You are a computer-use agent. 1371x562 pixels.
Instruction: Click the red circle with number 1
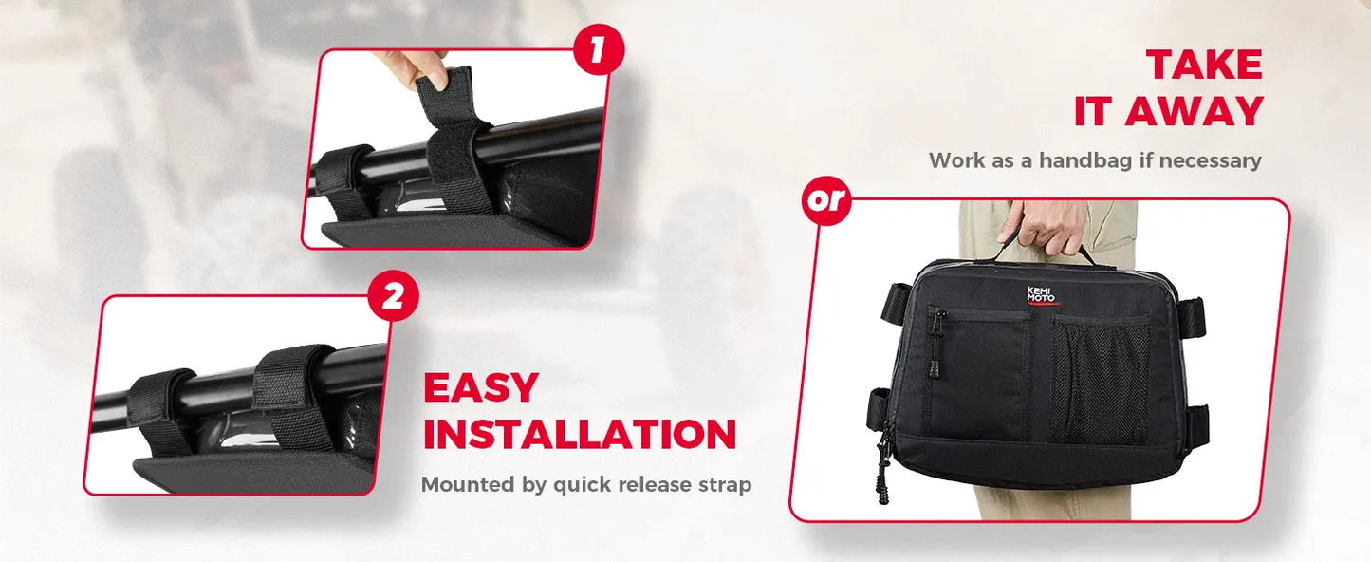(x=599, y=50)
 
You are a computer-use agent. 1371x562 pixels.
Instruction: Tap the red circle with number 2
(x=393, y=296)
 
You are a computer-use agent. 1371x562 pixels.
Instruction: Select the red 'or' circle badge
(x=827, y=199)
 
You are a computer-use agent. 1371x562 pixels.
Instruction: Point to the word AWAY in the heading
(x=1194, y=111)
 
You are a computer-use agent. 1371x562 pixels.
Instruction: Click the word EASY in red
(x=480, y=387)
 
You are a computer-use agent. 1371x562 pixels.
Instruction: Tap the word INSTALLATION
(x=580, y=434)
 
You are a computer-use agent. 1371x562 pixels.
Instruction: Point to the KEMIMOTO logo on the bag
(x=1041, y=295)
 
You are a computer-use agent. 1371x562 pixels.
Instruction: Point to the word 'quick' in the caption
(x=582, y=485)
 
